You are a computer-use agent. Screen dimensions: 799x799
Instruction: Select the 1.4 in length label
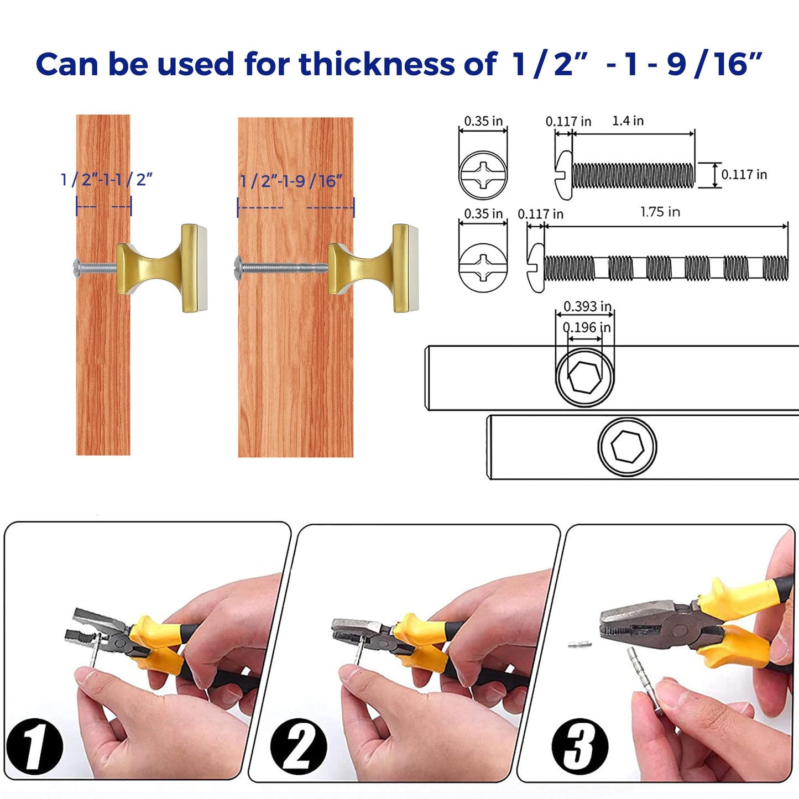tap(628, 121)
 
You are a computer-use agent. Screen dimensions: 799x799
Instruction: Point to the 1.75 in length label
tap(660, 212)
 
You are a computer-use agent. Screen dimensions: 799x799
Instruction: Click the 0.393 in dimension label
tap(587, 306)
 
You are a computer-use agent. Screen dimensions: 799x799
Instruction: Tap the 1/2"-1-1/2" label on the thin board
tap(106, 180)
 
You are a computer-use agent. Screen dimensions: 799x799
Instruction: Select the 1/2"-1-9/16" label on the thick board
tap(291, 181)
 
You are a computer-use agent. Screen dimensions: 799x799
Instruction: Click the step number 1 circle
tap(34, 746)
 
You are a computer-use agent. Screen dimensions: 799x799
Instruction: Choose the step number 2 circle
tap(298, 746)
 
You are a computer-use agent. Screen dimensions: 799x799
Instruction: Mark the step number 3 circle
tap(579, 746)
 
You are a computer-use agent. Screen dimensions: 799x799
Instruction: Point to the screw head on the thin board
tap(78, 267)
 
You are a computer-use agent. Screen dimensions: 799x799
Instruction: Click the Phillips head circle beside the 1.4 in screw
tap(483, 175)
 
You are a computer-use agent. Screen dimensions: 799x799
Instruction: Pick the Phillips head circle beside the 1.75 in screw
tap(483, 267)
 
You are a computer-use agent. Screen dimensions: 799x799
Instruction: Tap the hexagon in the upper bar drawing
tap(584, 378)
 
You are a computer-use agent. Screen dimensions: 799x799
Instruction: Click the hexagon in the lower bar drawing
tap(627, 446)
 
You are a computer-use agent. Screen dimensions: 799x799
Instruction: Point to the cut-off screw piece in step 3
tap(579, 644)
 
